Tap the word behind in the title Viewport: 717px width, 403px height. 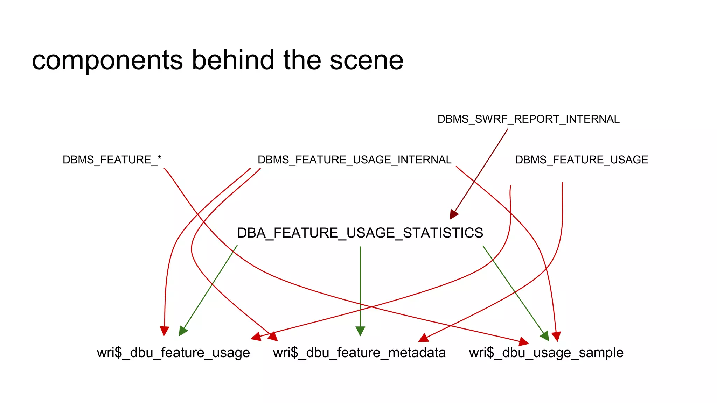tap(233, 60)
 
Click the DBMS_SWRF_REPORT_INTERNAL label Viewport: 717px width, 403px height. tap(528, 119)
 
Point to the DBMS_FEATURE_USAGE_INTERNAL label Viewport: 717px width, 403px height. tap(354, 160)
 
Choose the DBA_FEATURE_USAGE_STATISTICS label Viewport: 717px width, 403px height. tap(360, 233)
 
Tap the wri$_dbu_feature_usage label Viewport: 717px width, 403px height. tap(173, 353)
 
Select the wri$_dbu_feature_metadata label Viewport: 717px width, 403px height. tap(359, 353)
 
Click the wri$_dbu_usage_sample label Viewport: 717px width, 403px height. tap(546, 353)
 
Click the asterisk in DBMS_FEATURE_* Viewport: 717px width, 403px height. tap(159, 158)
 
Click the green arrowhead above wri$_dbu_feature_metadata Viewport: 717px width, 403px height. tap(360, 331)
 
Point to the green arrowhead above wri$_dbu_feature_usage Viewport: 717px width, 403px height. tap(182, 331)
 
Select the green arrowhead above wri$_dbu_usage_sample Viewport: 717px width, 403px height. tap(545, 336)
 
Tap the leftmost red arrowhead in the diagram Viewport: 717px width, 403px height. tap(165, 331)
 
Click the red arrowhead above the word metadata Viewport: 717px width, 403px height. tap(424, 338)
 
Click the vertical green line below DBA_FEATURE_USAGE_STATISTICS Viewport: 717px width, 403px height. tap(360, 287)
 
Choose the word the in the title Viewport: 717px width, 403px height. tap(302, 60)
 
